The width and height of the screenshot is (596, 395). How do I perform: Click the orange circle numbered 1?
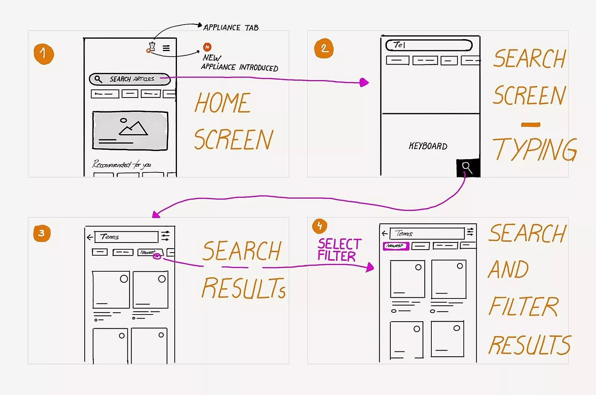[44, 54]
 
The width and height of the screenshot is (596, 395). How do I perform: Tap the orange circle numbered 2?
[324, 48]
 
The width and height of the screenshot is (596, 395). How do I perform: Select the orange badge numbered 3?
[42, 233]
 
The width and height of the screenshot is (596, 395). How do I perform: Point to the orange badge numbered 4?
[320, 226]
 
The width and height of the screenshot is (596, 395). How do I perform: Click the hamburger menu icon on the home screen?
[166, 48]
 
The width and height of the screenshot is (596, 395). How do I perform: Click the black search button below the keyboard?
[468, 168]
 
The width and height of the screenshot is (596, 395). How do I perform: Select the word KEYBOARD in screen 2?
[428, 146]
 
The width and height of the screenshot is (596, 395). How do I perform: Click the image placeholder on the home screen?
[130, 130]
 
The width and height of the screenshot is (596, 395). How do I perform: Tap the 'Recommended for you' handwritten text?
[121, 164]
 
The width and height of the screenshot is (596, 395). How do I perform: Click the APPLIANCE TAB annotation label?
[231, 28]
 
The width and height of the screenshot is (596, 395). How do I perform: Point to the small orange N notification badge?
[207, 47]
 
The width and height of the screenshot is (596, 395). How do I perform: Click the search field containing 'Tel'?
[429, 45]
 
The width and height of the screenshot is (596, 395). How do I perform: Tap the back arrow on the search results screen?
[90, 237]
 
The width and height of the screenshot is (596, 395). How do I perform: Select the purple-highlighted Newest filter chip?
[396, 246]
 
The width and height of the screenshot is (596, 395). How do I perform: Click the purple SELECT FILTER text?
[339, 250]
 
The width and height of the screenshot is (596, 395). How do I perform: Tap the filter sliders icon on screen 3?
[165, 236]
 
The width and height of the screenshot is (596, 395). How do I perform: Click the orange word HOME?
[223, 103]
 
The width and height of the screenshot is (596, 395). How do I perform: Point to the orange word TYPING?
[535, 149]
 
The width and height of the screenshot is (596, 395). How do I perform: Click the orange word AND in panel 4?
[508, 269]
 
